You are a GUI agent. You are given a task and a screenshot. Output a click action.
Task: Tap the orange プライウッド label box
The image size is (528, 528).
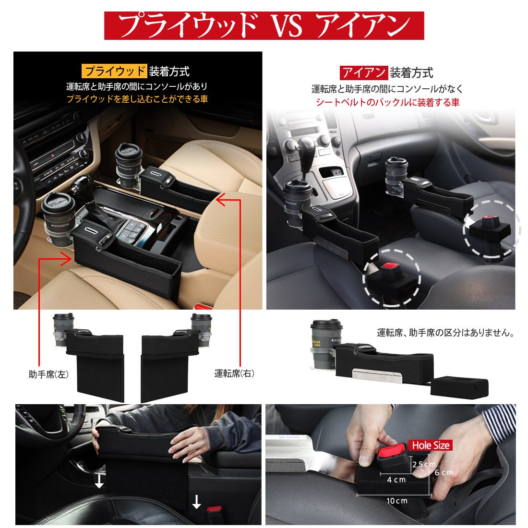(114, 71)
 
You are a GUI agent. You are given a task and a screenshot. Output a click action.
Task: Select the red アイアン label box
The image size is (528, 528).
(364, 73)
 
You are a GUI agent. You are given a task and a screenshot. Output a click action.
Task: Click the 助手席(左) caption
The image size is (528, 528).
(48, 374)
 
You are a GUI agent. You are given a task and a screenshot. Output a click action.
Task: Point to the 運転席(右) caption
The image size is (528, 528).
(234, 373)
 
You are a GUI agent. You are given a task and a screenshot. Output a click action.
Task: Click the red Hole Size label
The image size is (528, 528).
(431, 445)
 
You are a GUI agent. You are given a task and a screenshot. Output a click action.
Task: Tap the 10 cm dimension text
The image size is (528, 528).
(397, 501)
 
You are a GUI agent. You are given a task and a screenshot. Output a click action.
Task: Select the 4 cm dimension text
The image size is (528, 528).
(396, 480)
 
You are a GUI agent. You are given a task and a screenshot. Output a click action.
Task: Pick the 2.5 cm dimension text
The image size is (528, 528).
(424, 464)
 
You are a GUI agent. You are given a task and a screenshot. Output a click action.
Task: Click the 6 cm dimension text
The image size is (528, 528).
(444, 473)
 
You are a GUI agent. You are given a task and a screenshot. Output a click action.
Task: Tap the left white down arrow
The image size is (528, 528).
(99, 481)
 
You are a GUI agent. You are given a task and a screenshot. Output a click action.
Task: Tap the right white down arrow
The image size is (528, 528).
(196, 502)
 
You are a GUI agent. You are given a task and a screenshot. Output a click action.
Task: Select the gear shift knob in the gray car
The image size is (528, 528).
(306, 146)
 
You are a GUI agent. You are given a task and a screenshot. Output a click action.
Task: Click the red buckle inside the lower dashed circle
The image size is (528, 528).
(390, 267)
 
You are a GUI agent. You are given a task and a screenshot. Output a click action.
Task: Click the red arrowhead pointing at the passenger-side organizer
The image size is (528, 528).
(67, 259)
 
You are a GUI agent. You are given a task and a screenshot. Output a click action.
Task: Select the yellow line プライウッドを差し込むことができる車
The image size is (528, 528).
(137, 99)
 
